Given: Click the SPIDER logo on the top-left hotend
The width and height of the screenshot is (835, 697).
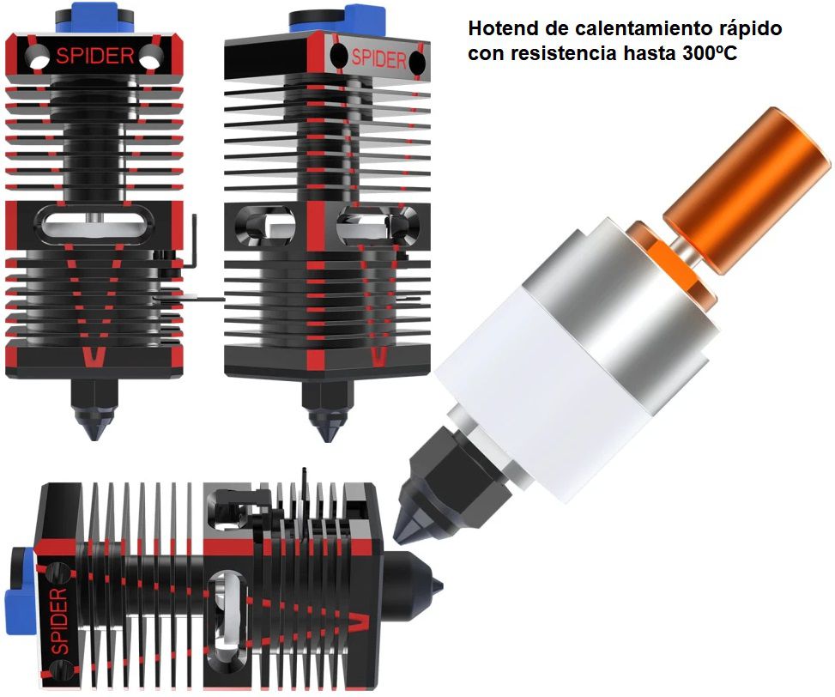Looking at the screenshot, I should pos(94,57).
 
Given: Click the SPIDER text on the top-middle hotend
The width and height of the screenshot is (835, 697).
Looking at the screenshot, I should pos(378,58).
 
